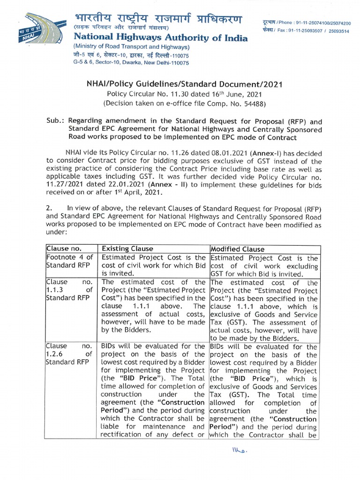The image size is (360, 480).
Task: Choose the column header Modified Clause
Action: (238, 249)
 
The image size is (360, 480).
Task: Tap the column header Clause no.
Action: (63, 249)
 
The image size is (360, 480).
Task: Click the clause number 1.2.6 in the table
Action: (55, 354)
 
